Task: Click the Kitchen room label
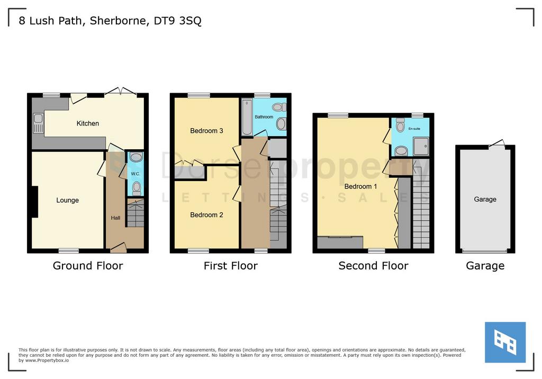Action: [88, 123]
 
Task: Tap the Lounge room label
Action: [67, 200]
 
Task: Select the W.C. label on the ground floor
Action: [135, 174]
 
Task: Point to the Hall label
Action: [115, 218]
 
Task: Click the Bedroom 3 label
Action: [206, 131]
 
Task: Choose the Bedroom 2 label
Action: [206, 215]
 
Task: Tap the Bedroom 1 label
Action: [360, 186]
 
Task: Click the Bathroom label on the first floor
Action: [264, 117]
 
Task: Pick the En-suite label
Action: [414, 129]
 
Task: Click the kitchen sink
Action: [38, 123]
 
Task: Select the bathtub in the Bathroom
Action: [247, 117]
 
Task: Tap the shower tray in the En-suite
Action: [421, 146]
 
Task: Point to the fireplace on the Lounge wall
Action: [34, 202]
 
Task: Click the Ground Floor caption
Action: [88, 266]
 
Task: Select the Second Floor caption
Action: [373, 266]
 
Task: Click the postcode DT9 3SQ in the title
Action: [177, 21]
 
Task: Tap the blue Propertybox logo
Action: [505, 342]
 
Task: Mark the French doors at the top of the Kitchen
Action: [121, 91]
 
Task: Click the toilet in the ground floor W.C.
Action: [137, 188]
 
